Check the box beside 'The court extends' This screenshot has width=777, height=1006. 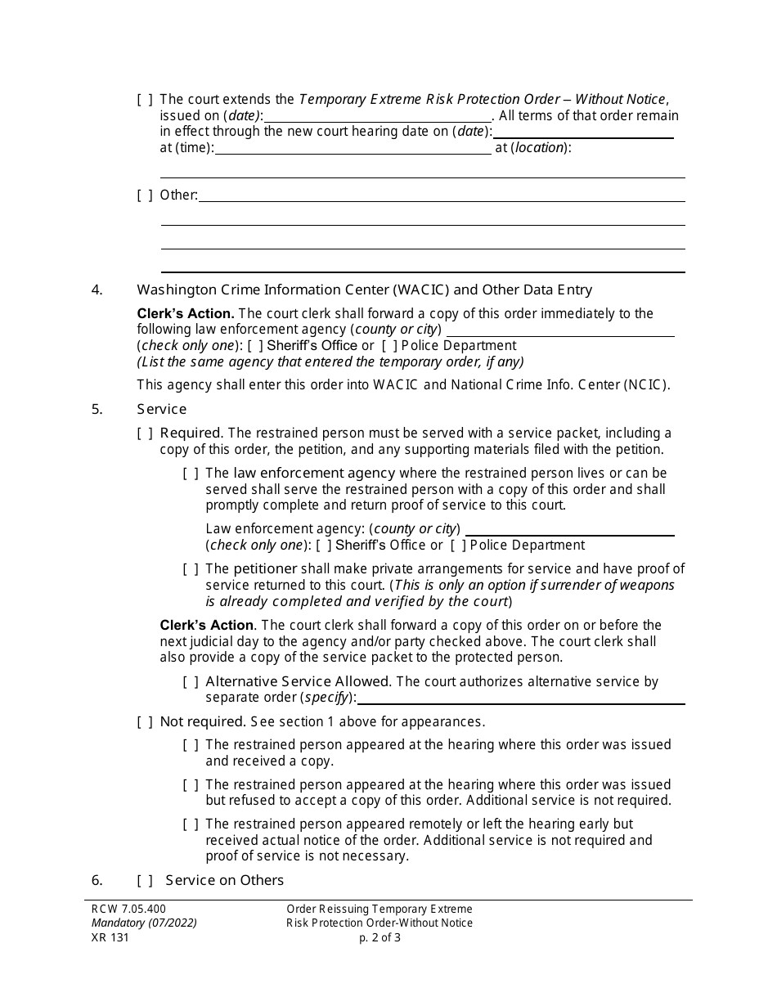pyautogui.click(x=145, y=100)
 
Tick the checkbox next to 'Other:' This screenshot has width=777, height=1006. pyautogui.click(x=145, y=195)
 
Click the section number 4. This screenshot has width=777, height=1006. pyautogui.click(x=97, y=290)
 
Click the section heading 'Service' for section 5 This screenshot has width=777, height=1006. pyautogui.click(x=161, y=409)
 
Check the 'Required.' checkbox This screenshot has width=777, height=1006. pyautogui.click(x=145, y=433)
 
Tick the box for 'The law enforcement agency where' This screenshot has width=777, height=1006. pyautogui.click(x=191, y=474)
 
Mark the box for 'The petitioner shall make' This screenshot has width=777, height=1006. pyautogui.click(x=191, y=569)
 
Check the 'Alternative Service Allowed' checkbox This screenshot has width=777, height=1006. pyautogui.click(x=191, y=682)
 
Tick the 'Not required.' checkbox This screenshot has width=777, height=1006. pyautogui.click(x=145, y=722)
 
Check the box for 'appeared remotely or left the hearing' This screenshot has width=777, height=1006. pyautogui.click(x=191, y=824)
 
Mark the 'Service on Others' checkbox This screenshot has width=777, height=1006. pyautogui.click(x=145, y=881)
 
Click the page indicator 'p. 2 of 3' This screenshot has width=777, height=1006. pyautogui.click(x=380, y=938)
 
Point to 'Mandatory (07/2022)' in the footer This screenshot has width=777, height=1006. pyautogui.click(x=143, y=923)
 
